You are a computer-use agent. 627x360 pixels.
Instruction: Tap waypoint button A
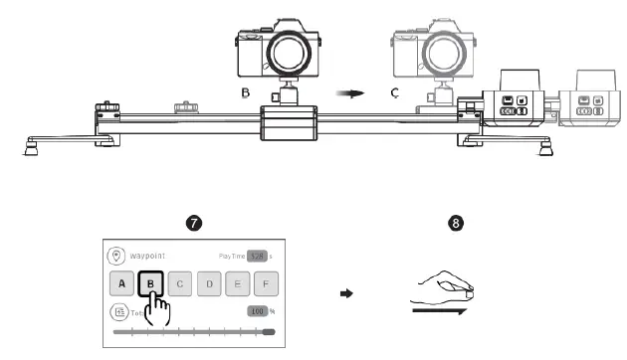coord(121,283)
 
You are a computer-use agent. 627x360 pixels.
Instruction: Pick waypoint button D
coord(210,283)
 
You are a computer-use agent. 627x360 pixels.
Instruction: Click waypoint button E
coord(239,283)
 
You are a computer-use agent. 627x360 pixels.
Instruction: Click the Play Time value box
coord(258,255)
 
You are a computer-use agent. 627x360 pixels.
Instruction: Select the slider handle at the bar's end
coord(268,333)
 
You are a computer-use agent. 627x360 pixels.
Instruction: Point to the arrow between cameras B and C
coord(348,92)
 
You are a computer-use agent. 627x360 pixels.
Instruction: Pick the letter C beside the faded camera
coord(395,93)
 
